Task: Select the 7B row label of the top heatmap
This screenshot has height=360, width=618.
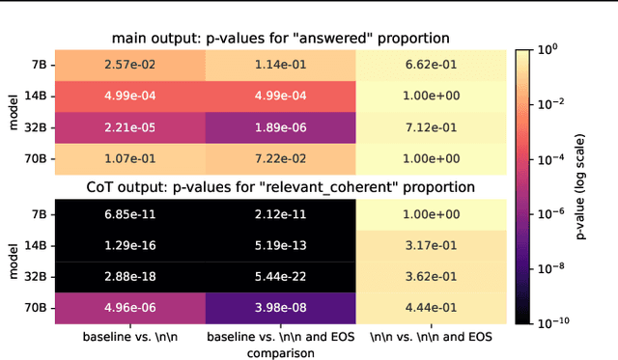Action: [37, 66]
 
